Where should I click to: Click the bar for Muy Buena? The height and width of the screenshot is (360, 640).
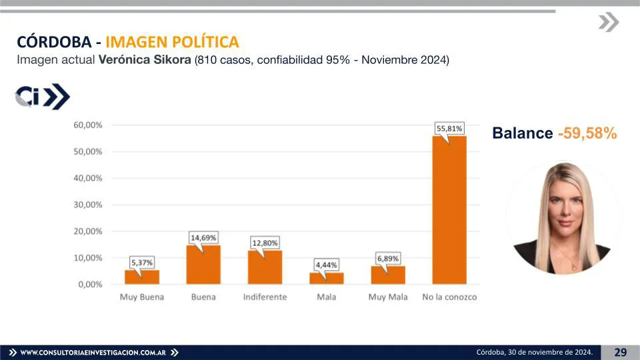tap(142, 277)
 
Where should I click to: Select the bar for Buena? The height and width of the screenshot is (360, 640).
tap(203, 265)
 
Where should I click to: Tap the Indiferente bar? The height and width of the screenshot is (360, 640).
tap(265, 267)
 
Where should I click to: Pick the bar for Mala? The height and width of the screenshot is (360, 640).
tap(326, 278)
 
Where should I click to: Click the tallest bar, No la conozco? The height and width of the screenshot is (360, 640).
tap(449, 210)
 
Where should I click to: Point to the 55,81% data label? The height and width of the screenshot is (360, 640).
tap(449, 128)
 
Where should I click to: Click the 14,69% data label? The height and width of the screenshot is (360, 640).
tap(203, 237)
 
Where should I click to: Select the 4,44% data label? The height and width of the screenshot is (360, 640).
tap(326, 265)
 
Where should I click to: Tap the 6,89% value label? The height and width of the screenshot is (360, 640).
tap(388, 258)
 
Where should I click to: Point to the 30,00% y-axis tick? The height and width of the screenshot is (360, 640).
tap(88, 205)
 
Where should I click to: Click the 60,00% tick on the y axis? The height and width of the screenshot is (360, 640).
tap(88, 125)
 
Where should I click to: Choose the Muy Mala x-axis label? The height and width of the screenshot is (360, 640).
tap(388, 297)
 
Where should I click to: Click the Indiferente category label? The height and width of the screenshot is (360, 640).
tap(265, 297)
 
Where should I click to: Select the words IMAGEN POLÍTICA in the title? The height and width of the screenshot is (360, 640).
tap(172, 42)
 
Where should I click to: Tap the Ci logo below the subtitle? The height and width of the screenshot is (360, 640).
tap(42, 97)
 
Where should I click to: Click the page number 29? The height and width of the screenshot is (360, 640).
tap(620, 352)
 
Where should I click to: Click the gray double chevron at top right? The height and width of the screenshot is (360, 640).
tap(608, 22)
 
